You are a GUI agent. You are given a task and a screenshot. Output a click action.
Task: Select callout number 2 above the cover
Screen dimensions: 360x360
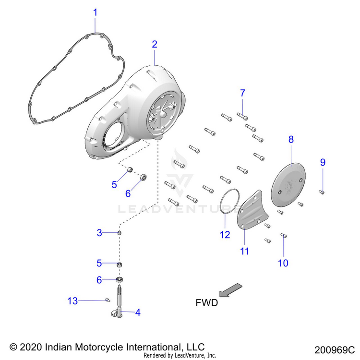coord(155,44)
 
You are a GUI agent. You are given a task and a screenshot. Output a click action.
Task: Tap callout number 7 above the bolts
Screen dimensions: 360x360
coord(243,93)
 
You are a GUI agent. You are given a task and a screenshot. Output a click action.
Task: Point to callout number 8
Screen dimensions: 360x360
coord(291,140)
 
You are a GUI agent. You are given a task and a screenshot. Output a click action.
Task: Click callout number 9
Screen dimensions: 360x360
coord(323,162)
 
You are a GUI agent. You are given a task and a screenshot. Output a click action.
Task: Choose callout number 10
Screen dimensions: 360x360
coord(283,263)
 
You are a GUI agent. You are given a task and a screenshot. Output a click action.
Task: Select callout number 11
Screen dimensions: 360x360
coord(245,251)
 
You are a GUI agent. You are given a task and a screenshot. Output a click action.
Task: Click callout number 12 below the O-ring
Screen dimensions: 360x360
coord(222,235)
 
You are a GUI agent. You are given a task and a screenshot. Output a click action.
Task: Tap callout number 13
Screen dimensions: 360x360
coord(72,301)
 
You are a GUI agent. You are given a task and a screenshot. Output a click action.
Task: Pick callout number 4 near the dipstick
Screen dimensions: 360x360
coord(138,312)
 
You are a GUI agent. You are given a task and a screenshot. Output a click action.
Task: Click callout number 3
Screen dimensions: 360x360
coord(99,233)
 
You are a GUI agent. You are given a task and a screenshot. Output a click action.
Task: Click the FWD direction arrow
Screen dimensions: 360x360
coord(230,290)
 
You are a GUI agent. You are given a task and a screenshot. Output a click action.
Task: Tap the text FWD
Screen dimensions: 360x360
coord(206,303)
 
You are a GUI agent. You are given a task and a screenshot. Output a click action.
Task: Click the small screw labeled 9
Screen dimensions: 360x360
coord(322,192)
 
